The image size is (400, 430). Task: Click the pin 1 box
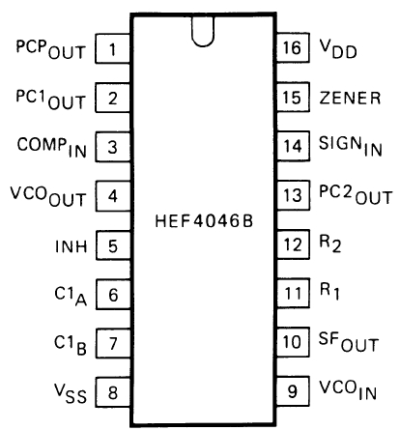(113, 48)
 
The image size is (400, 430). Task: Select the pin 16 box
(293, 47)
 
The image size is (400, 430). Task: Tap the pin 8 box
(113, 392)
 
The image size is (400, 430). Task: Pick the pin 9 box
(293, 390)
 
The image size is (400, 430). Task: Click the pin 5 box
(113, 245)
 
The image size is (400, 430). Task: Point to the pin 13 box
(293, 195)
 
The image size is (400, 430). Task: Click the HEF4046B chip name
(204, 221)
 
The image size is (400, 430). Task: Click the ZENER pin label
(350, 98)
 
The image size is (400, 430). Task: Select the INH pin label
(71, 246)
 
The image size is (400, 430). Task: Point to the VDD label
(338, 49)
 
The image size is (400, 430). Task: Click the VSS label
(71, 394)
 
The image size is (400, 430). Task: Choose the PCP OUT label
(51, 49)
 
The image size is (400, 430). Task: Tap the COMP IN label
(52, 148)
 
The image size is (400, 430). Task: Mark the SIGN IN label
(351, 146)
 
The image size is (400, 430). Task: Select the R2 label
(330, 244)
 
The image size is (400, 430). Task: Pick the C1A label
(71, 297)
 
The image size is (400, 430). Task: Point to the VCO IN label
(348, 390)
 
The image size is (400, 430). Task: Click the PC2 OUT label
(356, 195)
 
